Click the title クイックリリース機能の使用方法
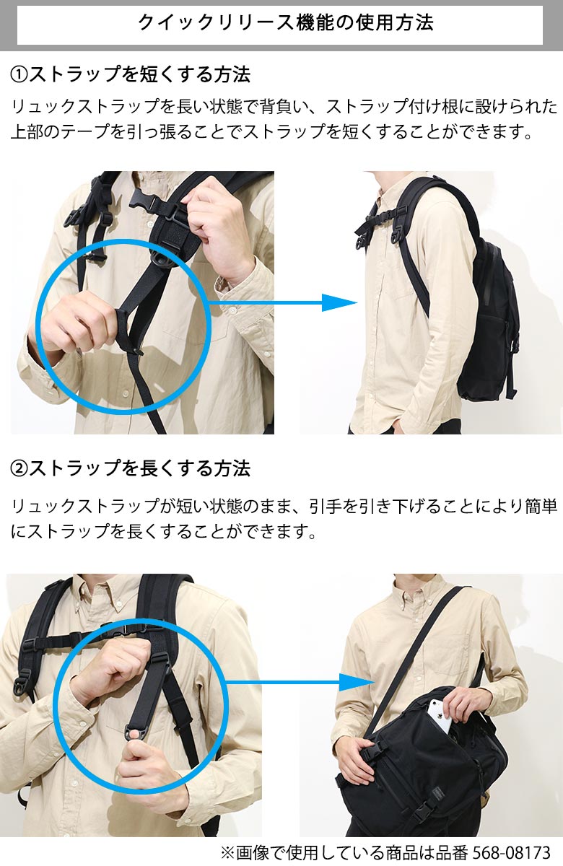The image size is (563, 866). tap(285, 22)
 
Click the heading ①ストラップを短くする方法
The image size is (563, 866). tap(131, 74)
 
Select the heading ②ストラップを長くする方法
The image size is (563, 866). tap(131, 468)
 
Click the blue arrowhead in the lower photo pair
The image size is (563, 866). tap(356, 682)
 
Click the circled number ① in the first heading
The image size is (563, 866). tap(19, 74)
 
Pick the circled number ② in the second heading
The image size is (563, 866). tap(19, 468)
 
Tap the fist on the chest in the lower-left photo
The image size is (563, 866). tap(112, 668)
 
